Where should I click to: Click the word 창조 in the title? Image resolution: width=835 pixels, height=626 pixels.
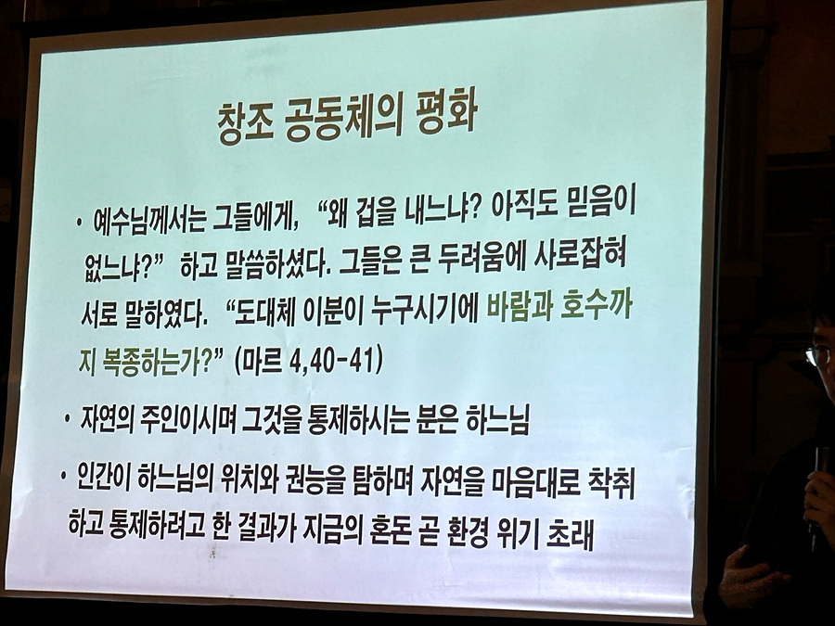[x=245, y=124]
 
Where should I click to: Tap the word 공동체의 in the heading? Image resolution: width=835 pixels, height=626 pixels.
[x=344, y=121]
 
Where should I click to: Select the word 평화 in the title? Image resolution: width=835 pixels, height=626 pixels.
[x=445, y=116]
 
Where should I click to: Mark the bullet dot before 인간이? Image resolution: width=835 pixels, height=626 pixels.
[x=63, y=474]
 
